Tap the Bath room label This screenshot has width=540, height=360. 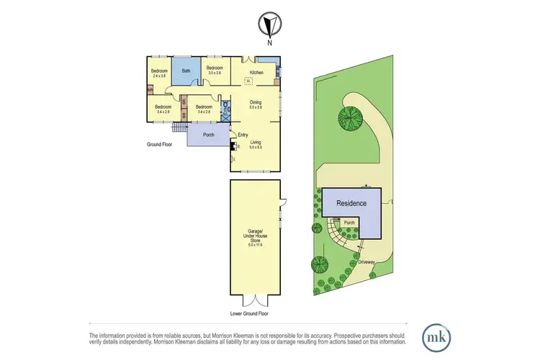pos(186,71)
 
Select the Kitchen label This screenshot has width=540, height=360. pos(256,73)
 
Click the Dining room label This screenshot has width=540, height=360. pos(256,105)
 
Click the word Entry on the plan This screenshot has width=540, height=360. pos(242,134)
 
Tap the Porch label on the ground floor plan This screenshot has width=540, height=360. pos(209,135)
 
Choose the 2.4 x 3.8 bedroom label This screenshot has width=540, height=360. pos(159,73)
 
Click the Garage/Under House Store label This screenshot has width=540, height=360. pos(255,237)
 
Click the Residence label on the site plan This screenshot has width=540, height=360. pos(352,203)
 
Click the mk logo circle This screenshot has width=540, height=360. pos(436,336)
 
